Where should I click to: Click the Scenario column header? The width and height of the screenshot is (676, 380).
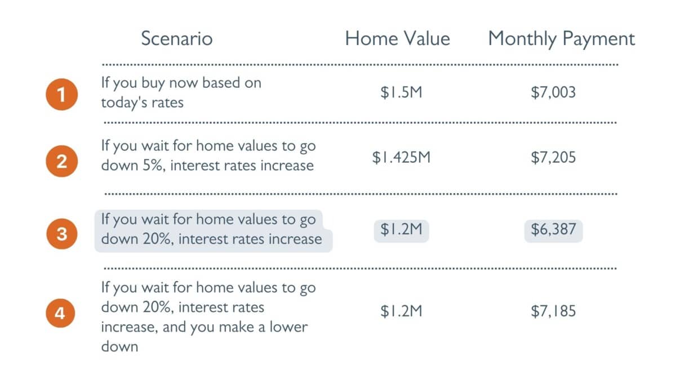(177, 39)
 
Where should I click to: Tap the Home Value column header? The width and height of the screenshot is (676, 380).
(398, 39)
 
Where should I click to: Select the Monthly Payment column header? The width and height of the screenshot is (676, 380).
(562, 39)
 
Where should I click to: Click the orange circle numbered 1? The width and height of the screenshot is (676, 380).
(62, 95)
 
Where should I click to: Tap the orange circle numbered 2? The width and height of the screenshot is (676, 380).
(62, 161)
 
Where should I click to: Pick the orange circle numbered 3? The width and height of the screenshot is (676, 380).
(62, 234)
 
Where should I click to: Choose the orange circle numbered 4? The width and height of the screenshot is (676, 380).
(60, 313)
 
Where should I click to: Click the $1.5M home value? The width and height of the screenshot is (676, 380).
(401, 92)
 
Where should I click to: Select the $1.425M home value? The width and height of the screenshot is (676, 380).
(401, 158)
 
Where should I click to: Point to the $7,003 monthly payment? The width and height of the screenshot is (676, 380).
(553, 92)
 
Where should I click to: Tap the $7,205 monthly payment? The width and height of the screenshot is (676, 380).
(553, 158)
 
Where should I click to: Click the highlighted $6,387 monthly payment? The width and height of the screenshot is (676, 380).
(553, 230)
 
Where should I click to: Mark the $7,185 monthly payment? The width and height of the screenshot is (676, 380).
(553, 311)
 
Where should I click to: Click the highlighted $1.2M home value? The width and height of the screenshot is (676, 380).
(401, 230)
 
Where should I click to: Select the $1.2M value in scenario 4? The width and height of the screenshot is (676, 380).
(401, 311)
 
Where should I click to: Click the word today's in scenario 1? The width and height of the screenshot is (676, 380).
(124, 103)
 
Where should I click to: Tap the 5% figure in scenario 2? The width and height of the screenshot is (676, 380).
(154, 166)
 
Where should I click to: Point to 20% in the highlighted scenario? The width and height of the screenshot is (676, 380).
(158, 239)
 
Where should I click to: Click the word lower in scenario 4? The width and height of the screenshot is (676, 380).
(288, 327)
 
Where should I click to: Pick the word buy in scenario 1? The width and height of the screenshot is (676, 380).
(153, 83)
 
